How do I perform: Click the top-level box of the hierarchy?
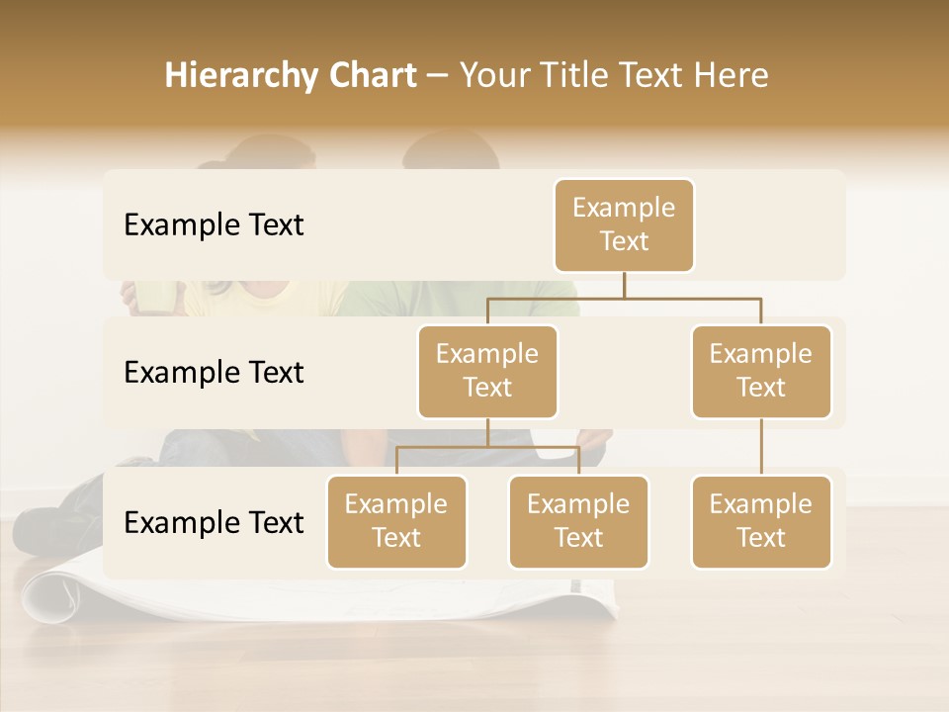(x=624, y=224)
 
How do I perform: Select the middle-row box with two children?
(x=487, y=371)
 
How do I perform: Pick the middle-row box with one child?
(x=761, y=371)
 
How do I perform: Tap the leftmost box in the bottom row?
(x=396, y=521)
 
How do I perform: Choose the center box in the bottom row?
(x=578, y=521)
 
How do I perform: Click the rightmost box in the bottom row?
(x=761, y=521)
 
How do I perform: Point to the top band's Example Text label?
(x=214, y=224)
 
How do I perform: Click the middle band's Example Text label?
(x=214, y=372)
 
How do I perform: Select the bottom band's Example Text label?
(x=214, y=522)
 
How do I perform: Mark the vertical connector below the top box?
(x=624, y=285)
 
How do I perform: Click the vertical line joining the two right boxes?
(x=761, y=447)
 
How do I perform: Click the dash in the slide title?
(x=438, y=75)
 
